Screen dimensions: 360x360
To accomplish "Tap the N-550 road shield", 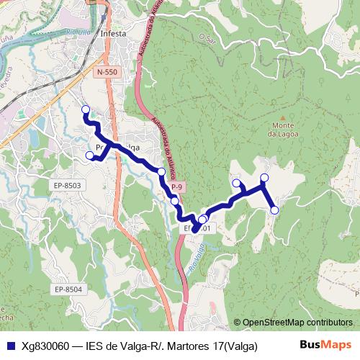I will [106, 73].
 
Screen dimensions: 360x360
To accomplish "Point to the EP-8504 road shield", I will [68, 289].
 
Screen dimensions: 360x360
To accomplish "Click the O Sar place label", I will [210, 35].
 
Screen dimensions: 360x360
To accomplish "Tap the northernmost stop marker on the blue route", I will [86, 110].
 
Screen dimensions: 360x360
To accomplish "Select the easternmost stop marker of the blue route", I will [274, 210].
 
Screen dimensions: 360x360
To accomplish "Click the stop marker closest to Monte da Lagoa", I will [264, 177].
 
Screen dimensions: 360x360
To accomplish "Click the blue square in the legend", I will [10, 346].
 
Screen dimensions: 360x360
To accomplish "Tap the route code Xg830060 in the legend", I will [45, 346].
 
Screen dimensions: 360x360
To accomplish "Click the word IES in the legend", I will [94, 346].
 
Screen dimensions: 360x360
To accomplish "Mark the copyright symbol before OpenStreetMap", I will [238, 323].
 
